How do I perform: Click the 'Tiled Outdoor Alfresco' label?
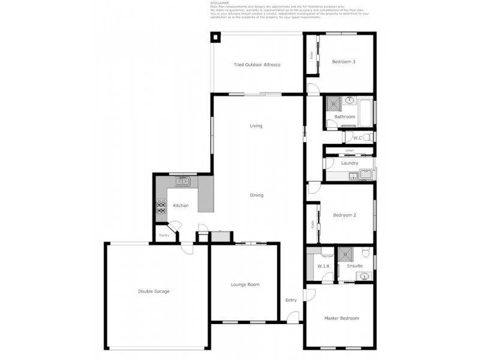(257, 64)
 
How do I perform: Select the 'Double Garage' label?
(154, 291)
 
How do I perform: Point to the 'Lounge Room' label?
(245, 284)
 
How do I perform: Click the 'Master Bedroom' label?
(341, 318)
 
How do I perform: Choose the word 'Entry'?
(291, 300)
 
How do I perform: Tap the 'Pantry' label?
(164, 235)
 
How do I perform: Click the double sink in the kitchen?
(182, 181)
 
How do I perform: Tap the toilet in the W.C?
(367, 137)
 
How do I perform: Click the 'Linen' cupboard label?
(349, 150)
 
